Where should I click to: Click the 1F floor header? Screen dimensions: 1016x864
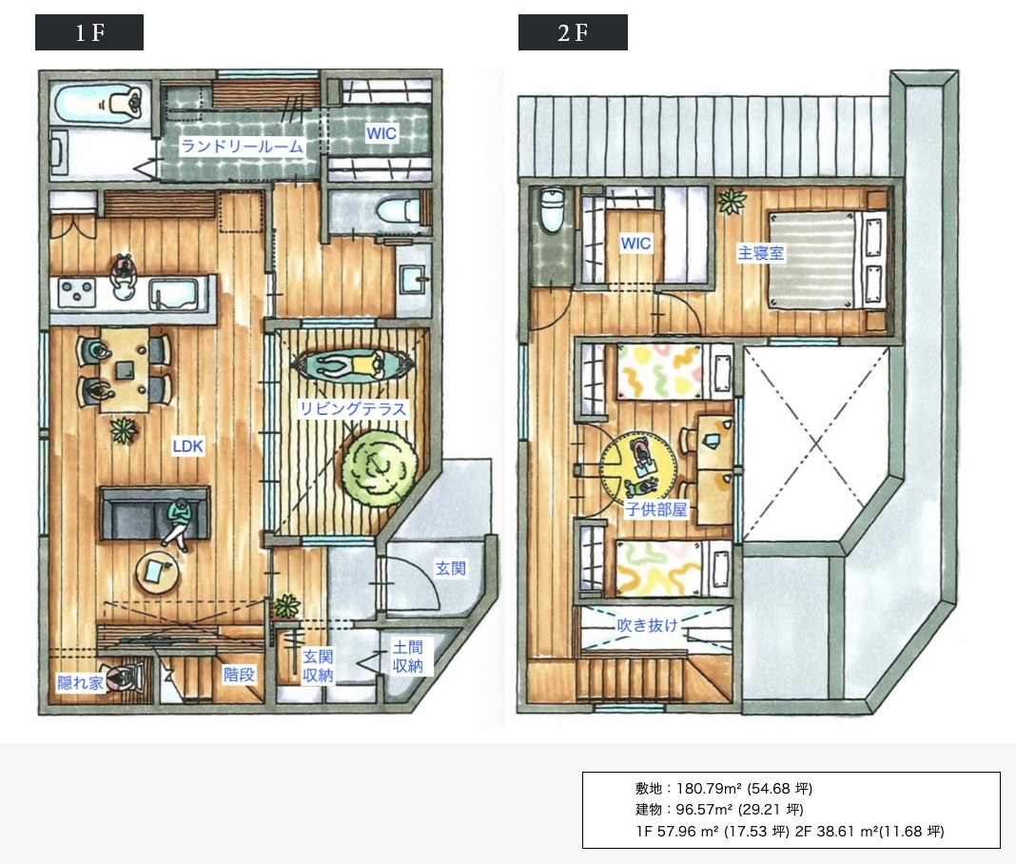tap(89, 32)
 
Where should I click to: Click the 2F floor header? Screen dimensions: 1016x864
tap(573, 32)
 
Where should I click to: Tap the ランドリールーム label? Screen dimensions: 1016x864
tap(242, 147)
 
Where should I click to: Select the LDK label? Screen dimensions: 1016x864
tap(188, 446)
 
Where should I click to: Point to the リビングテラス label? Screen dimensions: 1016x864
tap(353, 408)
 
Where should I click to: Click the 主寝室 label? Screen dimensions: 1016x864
tap(761, 252)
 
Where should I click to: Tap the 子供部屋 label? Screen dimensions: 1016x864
tap(655, 509)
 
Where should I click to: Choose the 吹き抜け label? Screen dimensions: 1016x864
tap(647, 625)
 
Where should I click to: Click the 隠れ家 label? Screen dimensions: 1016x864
tap(80, 682)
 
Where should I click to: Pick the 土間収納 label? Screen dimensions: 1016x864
tap(407, 656)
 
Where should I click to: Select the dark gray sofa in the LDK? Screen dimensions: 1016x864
tap(154, 513)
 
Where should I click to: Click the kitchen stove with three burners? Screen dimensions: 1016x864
tap(77, 292)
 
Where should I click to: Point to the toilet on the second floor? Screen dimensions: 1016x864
tap(552, 210)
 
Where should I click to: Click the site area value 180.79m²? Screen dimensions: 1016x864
tap(709, 788)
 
